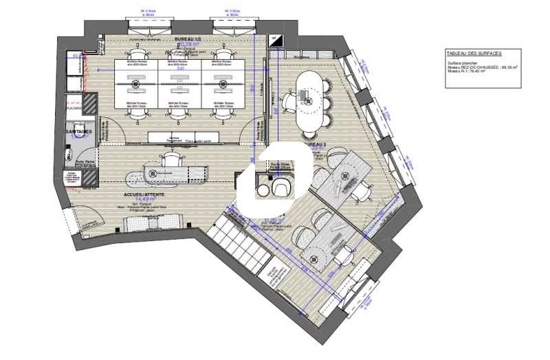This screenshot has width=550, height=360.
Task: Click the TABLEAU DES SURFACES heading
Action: [474, 53]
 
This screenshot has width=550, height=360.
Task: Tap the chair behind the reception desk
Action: [170, 159]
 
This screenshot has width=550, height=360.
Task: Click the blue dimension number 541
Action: [181, 69]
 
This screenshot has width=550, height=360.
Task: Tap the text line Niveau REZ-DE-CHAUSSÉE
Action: [481, 67]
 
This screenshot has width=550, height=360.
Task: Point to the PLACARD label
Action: [74, 108]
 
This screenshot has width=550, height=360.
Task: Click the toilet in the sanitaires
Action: [70, 157]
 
